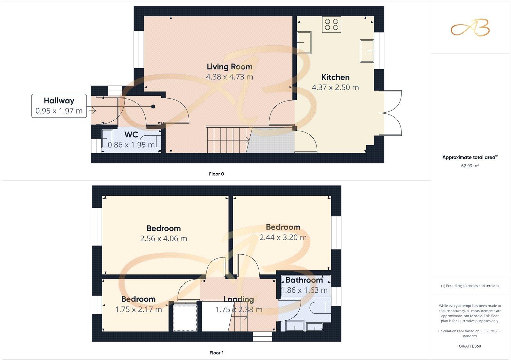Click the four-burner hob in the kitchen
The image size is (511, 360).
click(332, 25)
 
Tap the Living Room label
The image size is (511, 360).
click(229, 67)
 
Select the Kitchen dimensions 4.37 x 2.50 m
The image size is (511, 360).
click(335, 87)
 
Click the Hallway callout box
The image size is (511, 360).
click(59, 106)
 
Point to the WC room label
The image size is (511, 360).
click(131, 135)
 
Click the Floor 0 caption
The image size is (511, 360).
click(217, 174)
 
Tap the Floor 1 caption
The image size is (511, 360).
click(217, 353)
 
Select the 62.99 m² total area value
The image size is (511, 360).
click(470, 166)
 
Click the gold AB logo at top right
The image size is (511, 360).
click(470, 28)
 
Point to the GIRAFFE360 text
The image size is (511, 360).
click(470, 346)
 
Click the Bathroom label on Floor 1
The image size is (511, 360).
click(304, 280)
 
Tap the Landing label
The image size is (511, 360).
click(239, 299)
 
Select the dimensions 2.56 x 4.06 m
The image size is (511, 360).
click(164, 238)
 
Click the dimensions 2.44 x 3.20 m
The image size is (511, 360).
click(283, 237)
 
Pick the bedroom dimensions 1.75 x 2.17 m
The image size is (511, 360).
click(138, 309)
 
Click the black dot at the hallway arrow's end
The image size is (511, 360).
click(153, 107)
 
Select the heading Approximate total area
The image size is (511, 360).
click(469, 157)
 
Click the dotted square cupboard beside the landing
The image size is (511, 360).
click(186, 318)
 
